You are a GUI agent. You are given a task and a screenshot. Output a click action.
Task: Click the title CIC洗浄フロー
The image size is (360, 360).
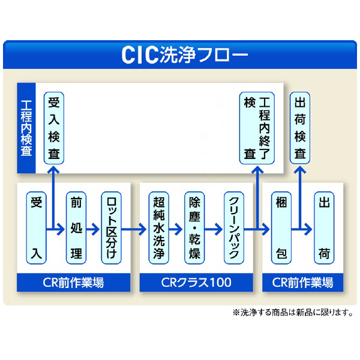(180, 55)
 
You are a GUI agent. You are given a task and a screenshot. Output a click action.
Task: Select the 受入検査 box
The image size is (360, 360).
(53, 128)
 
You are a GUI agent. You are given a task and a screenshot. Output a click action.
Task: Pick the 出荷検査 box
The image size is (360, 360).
(301, 128)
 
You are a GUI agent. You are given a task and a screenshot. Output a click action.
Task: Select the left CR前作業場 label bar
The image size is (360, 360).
(73, 282)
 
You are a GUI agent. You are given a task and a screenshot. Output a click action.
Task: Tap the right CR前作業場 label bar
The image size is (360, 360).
(303, 282)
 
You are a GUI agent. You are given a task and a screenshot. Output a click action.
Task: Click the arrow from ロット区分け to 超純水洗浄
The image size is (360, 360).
(135, 229)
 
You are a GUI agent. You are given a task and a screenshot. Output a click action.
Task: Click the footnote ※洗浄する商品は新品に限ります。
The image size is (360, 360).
(292, 313)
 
